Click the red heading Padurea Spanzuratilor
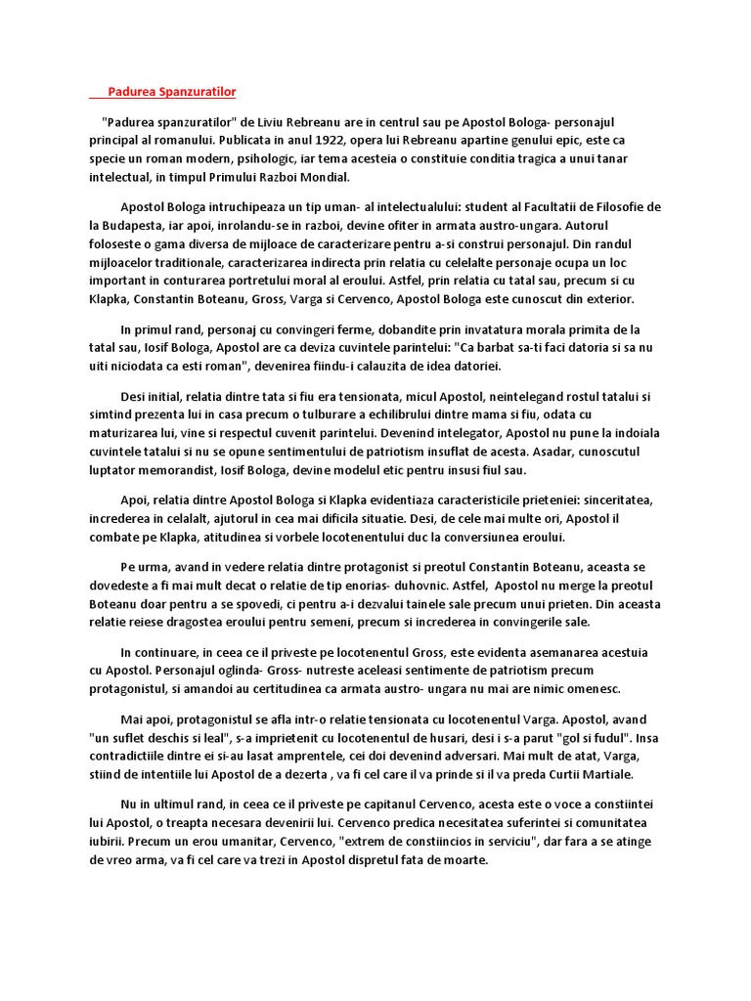tap(171, 92)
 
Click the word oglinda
tap(243, 671)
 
